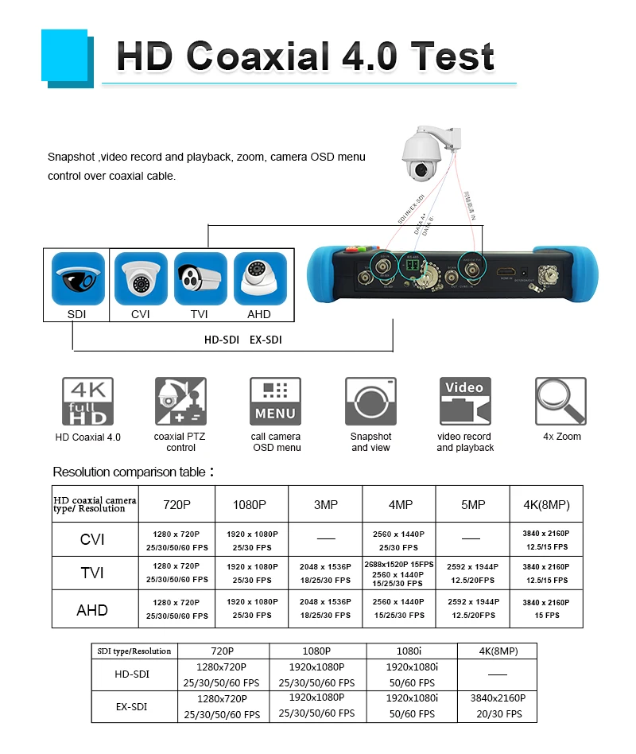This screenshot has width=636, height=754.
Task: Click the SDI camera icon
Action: point(77,278)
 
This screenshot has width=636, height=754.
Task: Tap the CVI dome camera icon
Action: point(141,278)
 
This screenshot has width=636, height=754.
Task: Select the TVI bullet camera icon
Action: point(200,278)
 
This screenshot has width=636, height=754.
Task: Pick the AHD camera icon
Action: point(259,278)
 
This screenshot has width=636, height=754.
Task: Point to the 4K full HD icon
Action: point(87,401)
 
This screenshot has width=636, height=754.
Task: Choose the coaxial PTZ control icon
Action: point(180,401)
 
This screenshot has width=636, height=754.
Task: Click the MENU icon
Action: point(275,401)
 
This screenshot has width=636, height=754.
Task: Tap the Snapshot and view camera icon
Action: point(370,401)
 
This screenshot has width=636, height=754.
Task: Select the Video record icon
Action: point(465,401)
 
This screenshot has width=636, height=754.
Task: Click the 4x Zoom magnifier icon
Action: point(561,401)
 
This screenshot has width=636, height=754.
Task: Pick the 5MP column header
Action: point(472,504)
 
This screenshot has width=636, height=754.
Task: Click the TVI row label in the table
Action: point(93,573)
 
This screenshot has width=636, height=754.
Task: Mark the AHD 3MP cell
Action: point(326,609)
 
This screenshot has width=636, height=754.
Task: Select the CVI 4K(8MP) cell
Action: point(546,540)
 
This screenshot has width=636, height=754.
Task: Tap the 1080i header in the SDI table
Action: point(410,651)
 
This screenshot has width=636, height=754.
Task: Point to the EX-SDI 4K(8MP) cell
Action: point(497,706)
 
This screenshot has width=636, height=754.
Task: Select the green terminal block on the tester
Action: point(413,264)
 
